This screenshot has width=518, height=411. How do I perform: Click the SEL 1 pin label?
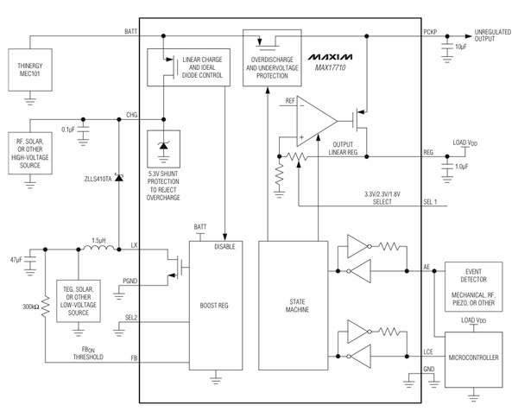click(x=431, y=201)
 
